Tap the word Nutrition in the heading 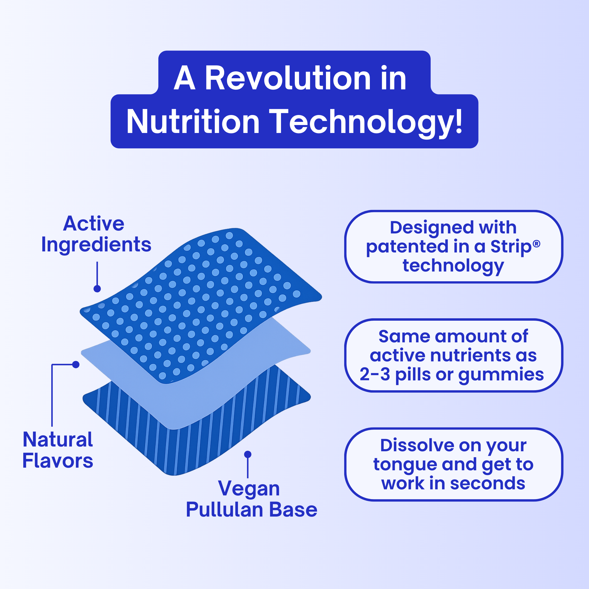(193, 121)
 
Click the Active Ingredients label (96, 234)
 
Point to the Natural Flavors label (58, 450)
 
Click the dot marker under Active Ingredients (97, 289)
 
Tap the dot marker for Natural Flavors (76, 364)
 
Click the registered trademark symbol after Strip (537, 243)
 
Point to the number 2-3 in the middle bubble (375, 374)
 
